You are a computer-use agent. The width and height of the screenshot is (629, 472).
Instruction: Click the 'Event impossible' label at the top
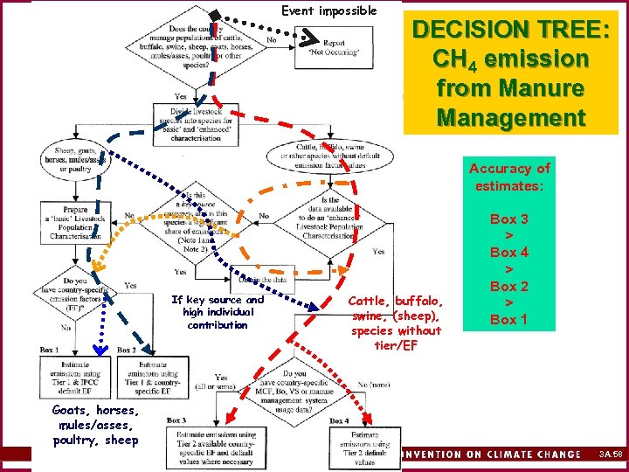point(328,11)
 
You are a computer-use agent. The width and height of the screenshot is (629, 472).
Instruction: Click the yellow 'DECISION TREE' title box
point(511,73)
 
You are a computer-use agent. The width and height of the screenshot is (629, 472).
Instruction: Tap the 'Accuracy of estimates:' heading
point(509,177)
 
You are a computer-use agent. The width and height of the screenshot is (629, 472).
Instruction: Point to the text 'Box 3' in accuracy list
point(508,219)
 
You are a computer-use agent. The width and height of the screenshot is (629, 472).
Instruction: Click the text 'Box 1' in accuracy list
point(508,319)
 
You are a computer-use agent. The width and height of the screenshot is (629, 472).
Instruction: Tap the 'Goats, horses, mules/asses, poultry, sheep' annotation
point(94,425)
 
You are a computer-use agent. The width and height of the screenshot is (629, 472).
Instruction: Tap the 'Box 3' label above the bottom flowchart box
point(176,420)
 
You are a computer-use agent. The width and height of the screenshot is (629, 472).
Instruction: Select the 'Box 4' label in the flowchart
point(340,420)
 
